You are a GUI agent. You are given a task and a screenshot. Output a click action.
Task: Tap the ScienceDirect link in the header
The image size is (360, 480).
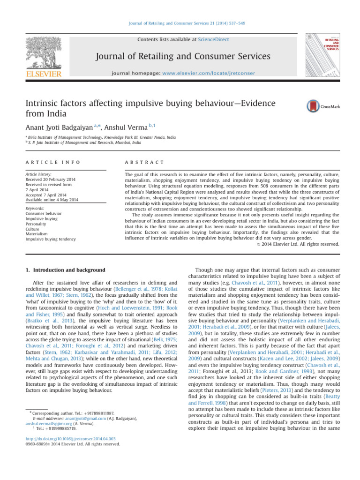pos(214,40)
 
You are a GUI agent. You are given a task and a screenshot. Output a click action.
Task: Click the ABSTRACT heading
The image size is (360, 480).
pos(144,162)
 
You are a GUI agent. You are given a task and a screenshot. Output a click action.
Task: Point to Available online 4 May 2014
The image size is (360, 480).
pos(55,200)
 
